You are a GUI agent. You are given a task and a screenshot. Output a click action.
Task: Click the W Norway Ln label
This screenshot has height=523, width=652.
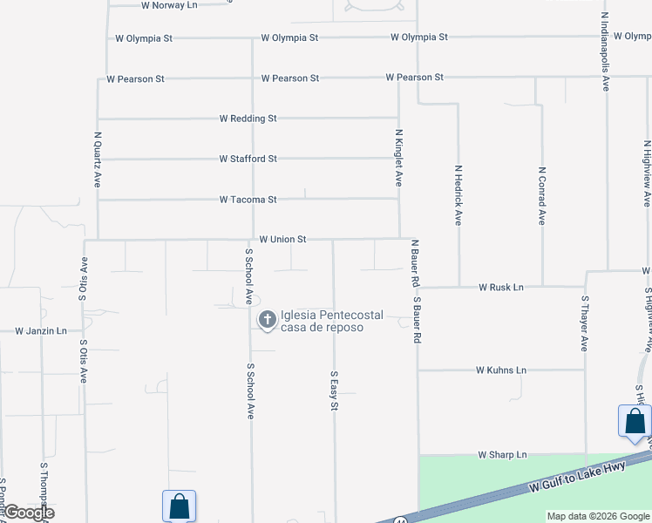tap(169, 5)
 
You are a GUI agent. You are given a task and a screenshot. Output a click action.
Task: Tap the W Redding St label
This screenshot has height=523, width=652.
tap(248, 119)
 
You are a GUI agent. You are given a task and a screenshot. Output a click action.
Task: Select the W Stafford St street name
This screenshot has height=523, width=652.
tap(248, 160)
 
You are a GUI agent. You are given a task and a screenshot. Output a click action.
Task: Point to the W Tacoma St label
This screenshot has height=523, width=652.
tap(248, 200)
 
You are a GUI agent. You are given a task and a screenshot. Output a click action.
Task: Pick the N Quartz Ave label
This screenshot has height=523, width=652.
tap(98, 160)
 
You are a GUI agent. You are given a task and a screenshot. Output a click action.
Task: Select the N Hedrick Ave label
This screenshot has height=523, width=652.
tap(458, 196)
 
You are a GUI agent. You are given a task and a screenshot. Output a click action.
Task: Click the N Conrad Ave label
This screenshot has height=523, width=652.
tap(541, 196)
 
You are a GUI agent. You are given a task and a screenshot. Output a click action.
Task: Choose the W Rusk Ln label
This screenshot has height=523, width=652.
tap(500, 288)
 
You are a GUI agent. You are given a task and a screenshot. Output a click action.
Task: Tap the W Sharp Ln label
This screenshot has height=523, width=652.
tap(502, 455)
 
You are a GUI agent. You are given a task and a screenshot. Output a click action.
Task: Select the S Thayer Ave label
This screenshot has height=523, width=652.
tap(585, 323)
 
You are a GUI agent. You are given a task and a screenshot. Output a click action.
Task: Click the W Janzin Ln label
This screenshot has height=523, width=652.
tap(41, 331)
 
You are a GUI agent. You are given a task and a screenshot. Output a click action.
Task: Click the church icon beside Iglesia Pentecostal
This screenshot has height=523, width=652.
tap(267, 321)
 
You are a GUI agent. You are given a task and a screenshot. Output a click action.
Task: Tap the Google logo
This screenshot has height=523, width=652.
tap(29, 513)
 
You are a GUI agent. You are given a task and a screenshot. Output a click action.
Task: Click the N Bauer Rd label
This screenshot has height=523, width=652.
tap(415, 264)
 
